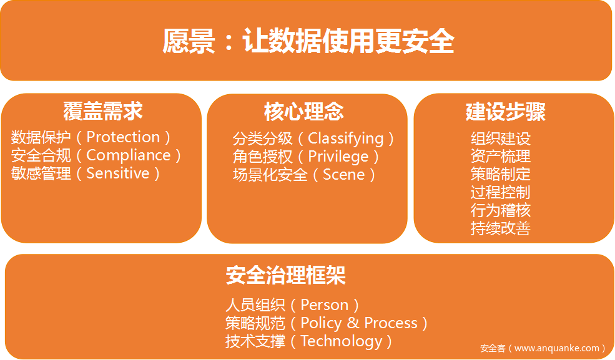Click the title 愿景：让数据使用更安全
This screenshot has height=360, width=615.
pos(308,41)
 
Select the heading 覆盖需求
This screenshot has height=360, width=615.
pos(103,111)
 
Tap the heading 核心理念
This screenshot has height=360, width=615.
pos(304,112)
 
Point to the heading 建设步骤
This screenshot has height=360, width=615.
pos(506,112)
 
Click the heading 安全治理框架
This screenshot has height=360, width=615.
pos(285,275)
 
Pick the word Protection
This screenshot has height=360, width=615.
pos(123,137)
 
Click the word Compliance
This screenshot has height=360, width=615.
pos(129,155)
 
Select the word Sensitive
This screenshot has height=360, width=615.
pos(117,173)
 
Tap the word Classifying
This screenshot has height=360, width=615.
pos(345,139)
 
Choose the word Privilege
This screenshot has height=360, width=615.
pos(338,157)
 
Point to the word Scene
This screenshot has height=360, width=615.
pos(343,175)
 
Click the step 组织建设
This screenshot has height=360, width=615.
pos(501,139)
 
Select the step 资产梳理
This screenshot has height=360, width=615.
pos(501,157)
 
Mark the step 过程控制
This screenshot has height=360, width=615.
pos(501,192)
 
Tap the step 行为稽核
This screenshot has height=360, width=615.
pos(501,210)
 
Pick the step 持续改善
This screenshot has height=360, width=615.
pos(501,228)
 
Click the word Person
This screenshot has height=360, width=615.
pos(325,304)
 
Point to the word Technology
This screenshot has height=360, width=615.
pos(342,341)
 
